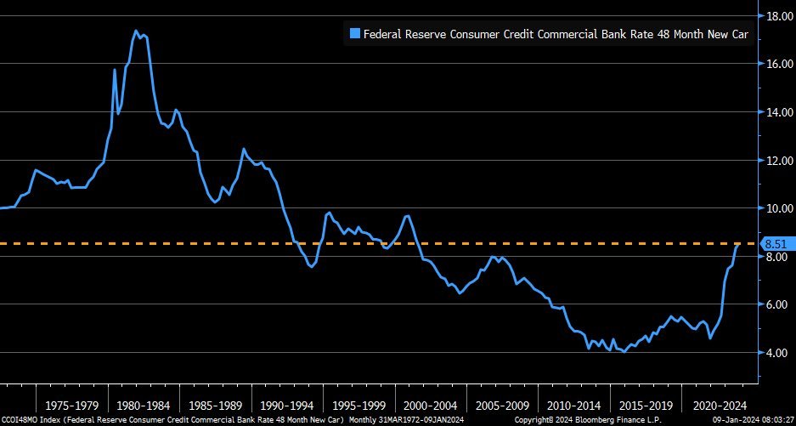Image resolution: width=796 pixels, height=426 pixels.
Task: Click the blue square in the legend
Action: point(355,35)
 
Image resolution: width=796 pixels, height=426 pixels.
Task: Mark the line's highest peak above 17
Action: point(136,31)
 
